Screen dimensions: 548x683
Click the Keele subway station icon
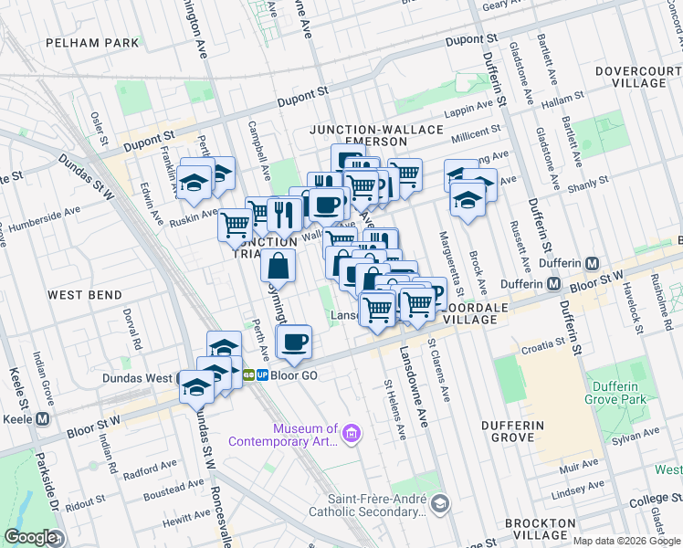(x=42, y=419)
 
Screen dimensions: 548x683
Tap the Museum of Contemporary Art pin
(x=352, y=431)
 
